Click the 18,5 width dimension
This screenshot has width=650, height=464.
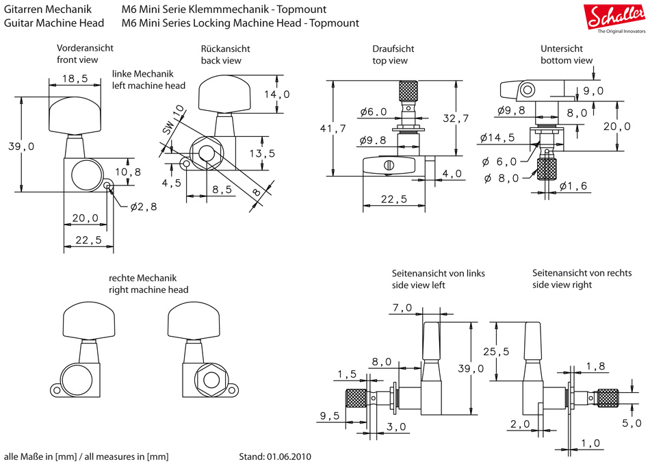(75, 79)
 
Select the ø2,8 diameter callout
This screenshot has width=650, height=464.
(144, 206)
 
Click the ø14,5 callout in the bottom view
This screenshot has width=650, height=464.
(497, 138)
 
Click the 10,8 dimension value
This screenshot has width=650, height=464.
(128, 172)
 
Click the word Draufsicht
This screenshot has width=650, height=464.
(393, 49)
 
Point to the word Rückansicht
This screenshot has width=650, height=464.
(225, 49)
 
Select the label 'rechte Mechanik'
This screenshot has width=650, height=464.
(143, 278)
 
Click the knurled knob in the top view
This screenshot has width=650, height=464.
(408, 92)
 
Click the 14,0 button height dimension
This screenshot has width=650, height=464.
(276, 94)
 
